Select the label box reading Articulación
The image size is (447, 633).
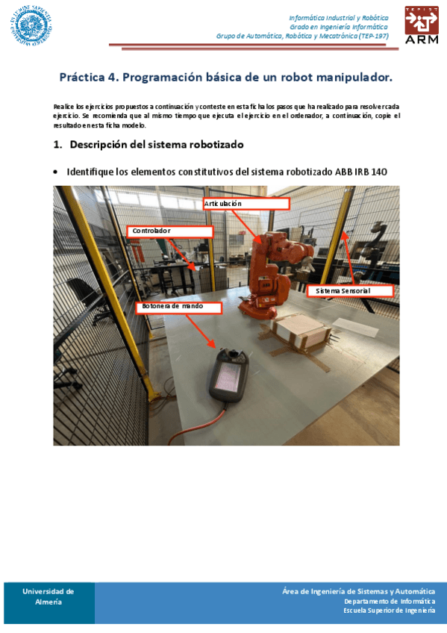pos(246,203)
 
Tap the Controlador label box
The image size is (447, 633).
pos(170,231)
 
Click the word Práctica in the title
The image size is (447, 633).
pos(84,77)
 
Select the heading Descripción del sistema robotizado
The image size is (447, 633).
pos(156,143)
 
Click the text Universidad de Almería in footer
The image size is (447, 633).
pos(48,596)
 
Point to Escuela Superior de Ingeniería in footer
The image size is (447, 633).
pos(389,610)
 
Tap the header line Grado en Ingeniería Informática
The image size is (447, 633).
pos(339,26)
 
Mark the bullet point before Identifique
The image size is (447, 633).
pos(57,172)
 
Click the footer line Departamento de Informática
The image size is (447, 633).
pos(389,601)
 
